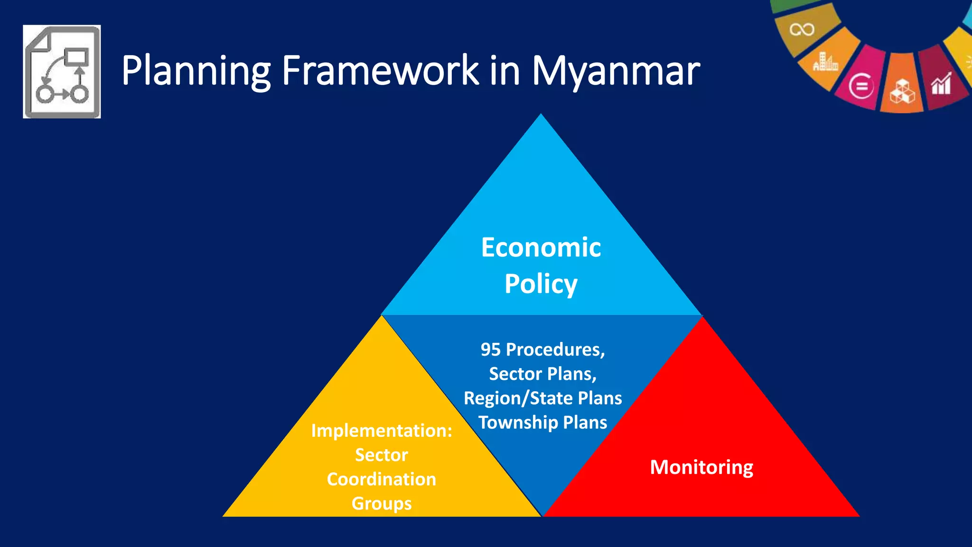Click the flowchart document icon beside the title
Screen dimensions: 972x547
[62, 72]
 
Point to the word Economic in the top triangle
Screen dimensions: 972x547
[541, 247]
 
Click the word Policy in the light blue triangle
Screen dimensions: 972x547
[541, 284]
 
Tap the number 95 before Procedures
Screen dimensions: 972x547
[491, 349]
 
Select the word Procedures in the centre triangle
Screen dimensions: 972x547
[555, 350]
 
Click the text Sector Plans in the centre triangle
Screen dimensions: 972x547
[542, 374]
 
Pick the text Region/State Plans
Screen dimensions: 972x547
[542, 398]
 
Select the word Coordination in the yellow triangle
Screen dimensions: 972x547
[382, 479]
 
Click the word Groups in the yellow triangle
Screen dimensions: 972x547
[382, 504]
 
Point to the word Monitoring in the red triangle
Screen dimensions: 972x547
[701, 467]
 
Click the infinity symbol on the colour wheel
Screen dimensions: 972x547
[802, 29]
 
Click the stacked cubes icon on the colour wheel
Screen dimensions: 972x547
[902, 91]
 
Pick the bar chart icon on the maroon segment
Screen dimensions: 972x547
[941, 84]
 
